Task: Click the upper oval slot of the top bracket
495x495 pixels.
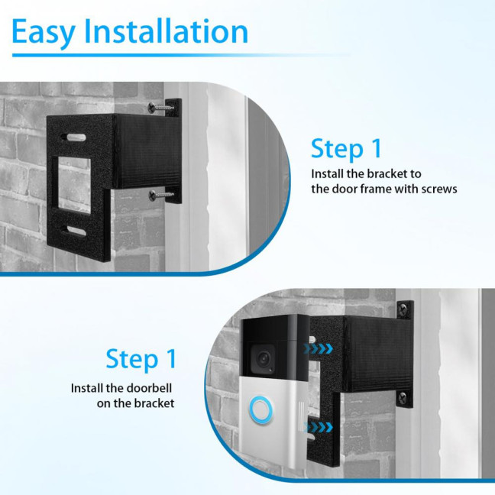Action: pos(76,137)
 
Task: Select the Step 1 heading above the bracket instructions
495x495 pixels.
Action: pos(347,148)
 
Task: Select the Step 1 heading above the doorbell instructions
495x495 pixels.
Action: pos(141,358)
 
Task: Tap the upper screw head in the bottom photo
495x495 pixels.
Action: pos(403,309)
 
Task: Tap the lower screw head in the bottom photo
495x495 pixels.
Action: pos(403,396)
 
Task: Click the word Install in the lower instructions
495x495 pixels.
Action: pos(88,388)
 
